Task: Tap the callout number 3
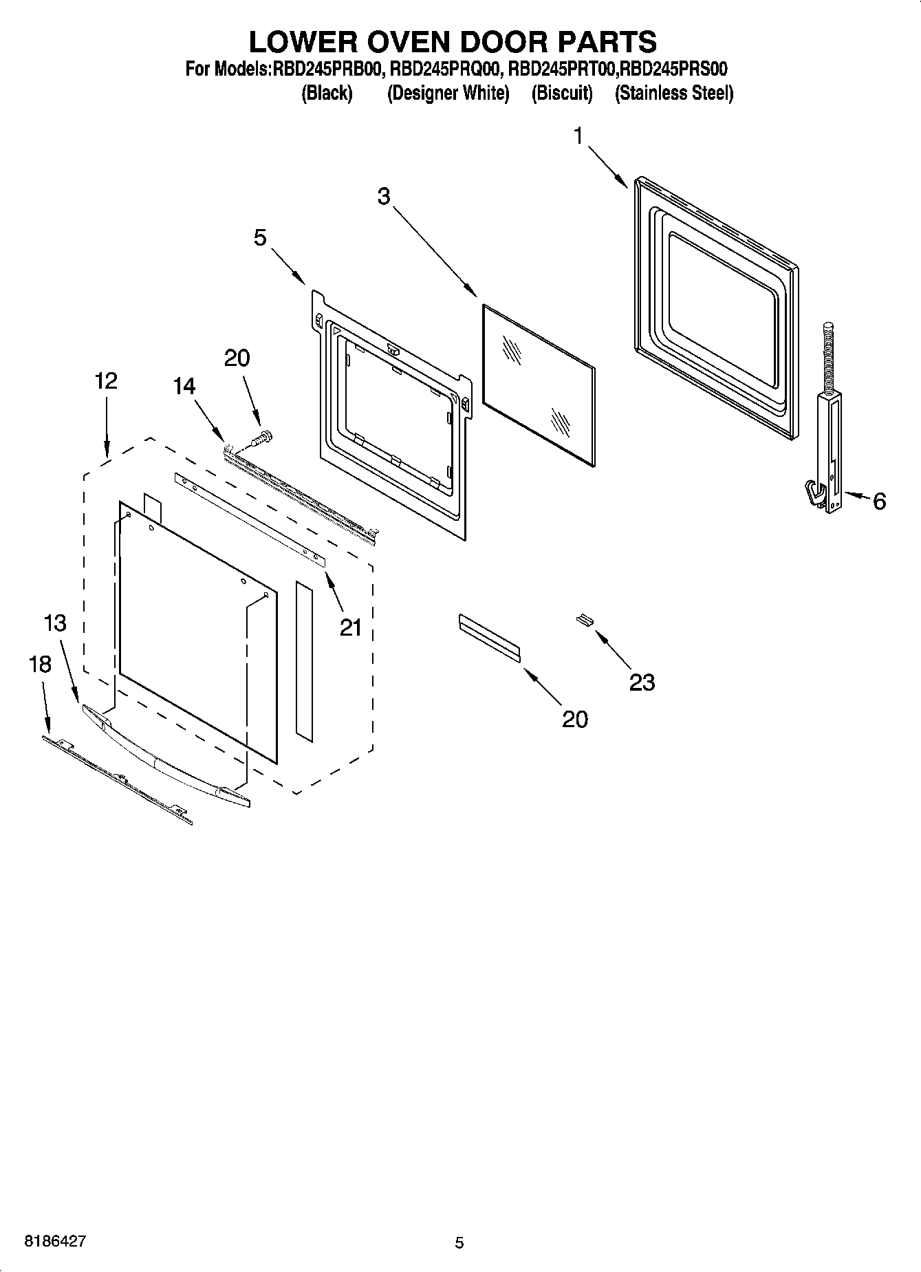[x=383, y=197]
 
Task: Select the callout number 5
[x=260, y=238]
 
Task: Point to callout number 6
[x=879, y=502]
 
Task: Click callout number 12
[x=106, y=380]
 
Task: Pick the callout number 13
[x=55, y=623]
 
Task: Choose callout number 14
[x=184, y=387]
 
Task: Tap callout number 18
[x=40, y=665]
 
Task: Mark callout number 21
[x=350, y=627]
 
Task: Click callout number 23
[x=642, y=682]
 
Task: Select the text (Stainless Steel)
[x=673, y=94]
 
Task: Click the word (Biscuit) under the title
[x=561, y=94]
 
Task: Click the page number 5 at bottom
[x=459, y=1242]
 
